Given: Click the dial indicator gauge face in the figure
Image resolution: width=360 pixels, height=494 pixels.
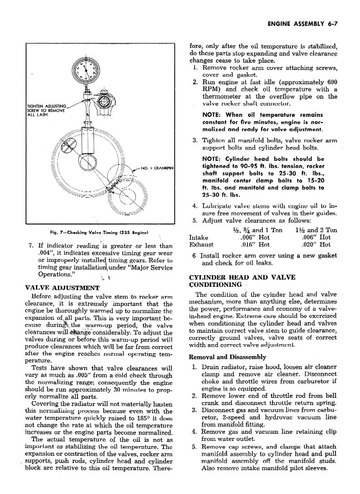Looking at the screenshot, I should pos(87,70).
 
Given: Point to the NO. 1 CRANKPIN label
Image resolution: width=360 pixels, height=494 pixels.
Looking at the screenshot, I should pos(157,169).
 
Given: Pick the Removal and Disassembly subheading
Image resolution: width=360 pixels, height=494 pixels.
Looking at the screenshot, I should pos(227,357).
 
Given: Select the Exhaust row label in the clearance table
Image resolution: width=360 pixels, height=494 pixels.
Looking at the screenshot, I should pos(201,244).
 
